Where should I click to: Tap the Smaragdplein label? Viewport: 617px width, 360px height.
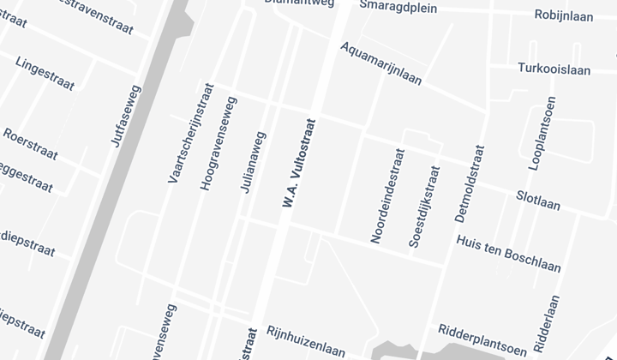coord(398,7)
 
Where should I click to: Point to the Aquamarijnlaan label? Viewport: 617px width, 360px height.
coord(380,63)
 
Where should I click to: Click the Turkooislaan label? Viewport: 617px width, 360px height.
coord(554,69)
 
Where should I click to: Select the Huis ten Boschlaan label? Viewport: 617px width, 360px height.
coord(509,254)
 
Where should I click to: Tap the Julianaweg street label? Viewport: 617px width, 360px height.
coord(253,162)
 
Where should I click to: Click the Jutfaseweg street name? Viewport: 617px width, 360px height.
coord(125,117)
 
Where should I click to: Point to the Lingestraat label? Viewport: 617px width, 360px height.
coord(45,75)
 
